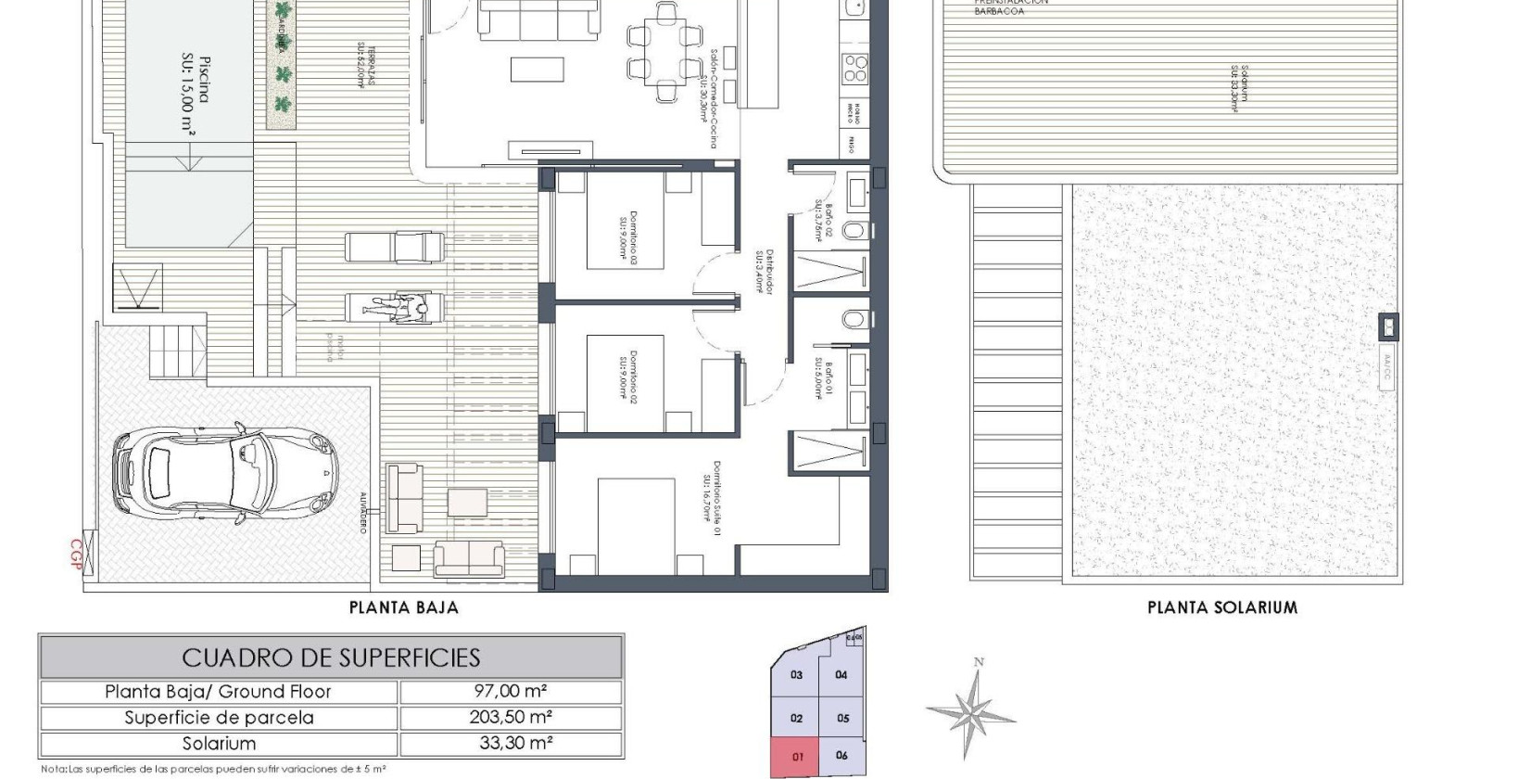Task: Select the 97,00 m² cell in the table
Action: coord(510,692)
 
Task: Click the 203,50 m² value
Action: coord(510,718)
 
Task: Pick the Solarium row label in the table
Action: coord(219,744)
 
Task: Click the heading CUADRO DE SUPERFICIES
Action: coord(331,658)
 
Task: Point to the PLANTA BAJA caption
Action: coord(403,608)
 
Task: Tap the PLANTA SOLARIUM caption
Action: coord(1221,608)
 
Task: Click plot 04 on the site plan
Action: coord(841,675)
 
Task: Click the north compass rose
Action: coord(970,713)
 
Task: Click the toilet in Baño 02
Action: coord(857,230)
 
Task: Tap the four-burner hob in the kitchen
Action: coord(854,68)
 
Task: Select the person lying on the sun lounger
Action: coord(400,307)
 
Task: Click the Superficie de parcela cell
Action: coord(219,718)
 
